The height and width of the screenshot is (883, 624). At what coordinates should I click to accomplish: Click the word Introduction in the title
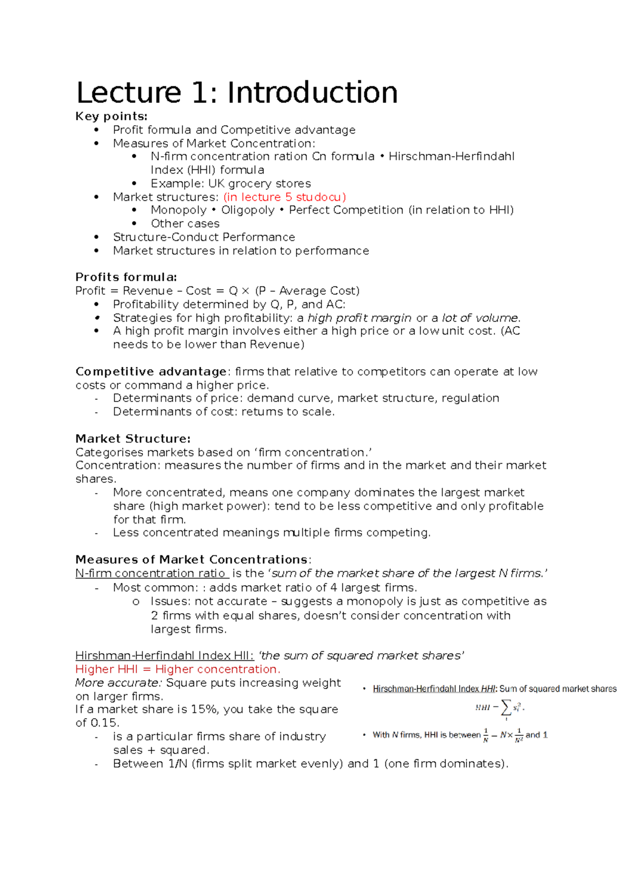pos(312,93)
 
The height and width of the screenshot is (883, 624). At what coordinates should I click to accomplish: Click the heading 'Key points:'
pos(111,116)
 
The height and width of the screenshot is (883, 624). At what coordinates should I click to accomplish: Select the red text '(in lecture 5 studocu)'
pos(284,197)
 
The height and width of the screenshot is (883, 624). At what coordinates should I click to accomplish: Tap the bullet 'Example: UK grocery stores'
pos(230,184)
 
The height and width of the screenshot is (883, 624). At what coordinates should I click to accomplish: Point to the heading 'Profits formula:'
pos(126,277)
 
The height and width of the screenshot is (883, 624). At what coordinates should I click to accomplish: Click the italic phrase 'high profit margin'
pos(359,318)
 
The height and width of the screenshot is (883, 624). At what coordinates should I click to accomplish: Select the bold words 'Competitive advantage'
pos(151,372)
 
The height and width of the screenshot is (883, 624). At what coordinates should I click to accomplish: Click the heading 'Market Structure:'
pos(133,439)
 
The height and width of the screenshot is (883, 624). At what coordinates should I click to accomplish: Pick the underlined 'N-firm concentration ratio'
pos(151,574)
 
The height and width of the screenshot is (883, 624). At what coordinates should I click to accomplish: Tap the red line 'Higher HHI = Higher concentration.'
pos(177,669)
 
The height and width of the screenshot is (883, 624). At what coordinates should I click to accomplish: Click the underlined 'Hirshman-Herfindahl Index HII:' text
pos(164,656)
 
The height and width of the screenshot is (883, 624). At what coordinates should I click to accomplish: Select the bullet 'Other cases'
pos(185,224)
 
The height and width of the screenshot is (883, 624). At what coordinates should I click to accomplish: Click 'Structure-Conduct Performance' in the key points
pos(204,237)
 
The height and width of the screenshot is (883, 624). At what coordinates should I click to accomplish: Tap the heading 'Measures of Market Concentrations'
pos(192,560)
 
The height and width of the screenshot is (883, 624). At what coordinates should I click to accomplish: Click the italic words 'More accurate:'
pos(119,683)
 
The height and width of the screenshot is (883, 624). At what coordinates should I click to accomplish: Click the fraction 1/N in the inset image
pos(485,735)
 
